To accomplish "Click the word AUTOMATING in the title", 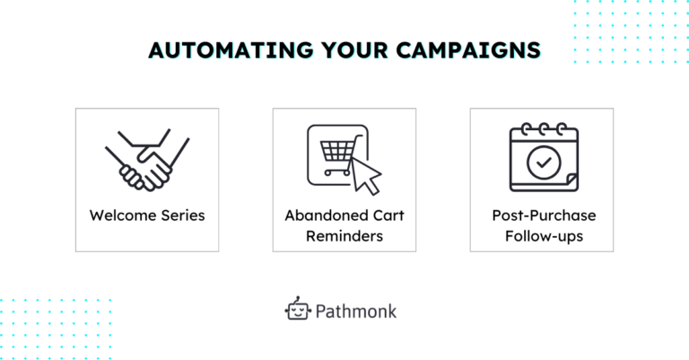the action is click(231, 50).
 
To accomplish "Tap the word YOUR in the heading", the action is click(354, 50).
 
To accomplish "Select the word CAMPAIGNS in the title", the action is click(468, 50).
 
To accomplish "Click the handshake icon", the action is click(147, 160).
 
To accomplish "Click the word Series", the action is click(183, 215).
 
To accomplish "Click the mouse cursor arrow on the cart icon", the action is click(366, 176).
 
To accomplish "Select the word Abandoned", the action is click(327, 215).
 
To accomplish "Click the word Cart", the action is click(388, 215).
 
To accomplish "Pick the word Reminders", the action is click(344, 236).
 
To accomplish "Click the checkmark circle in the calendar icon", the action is click(544, 162).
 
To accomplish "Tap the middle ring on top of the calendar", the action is click(544, 129).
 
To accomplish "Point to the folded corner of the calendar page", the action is click(571, 180).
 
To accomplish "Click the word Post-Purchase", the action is click(544, 215).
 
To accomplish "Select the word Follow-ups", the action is click(544, 236).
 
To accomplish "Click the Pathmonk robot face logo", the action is click(298, 308).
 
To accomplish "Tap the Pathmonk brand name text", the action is click(356, 312).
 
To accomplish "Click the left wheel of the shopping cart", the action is click(327, 172).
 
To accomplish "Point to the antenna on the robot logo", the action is click(298, 299).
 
